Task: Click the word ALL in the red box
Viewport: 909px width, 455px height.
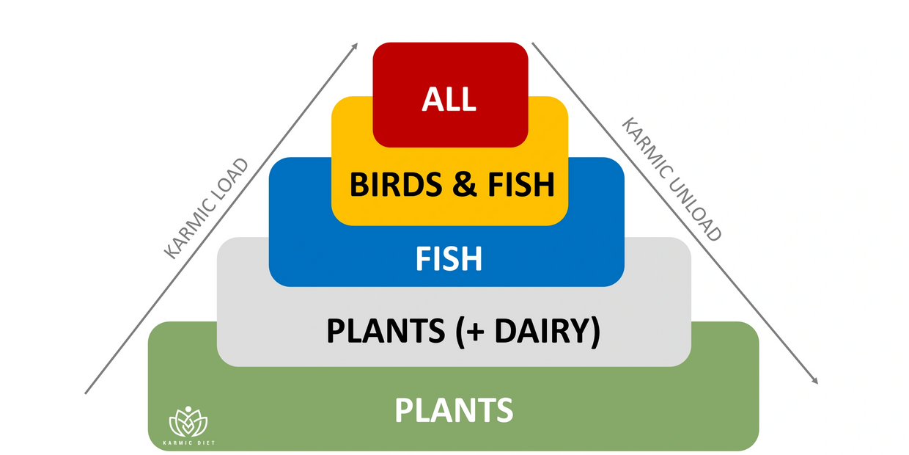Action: [x=449, y=98]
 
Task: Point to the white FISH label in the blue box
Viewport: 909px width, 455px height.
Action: [x=449, y=259]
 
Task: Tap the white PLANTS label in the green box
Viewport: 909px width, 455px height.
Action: [x=454, y=409]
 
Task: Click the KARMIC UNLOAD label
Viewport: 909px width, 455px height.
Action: [x=672, y=179]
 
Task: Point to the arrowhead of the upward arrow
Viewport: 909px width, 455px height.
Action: [x=355, y=45]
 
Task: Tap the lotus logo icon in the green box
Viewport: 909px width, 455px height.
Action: [x=188, y=421]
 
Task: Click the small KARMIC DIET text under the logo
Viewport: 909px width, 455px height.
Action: [x=188, y=443]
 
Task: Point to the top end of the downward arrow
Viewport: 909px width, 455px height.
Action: [x=533, y=43]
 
